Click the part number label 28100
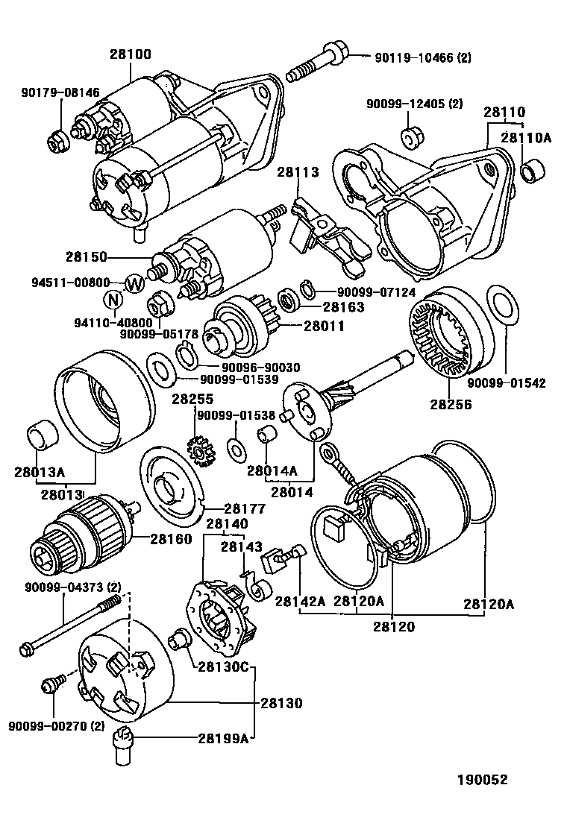(130, 54)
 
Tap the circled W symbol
(134, 283)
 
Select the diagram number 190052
(482, 780)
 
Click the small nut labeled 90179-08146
(57, 138)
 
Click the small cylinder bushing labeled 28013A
(40, 437)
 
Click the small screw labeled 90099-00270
(54, 683)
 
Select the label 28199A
(222, 738)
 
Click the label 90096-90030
(260, 367)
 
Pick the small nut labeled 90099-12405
(408, 138)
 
